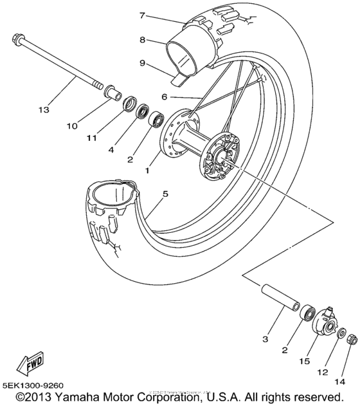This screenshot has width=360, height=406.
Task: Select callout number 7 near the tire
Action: (x=143, y=15)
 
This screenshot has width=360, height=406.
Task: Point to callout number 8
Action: (x=143, y=40)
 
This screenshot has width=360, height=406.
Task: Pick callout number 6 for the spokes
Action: (x=164, y=97)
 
